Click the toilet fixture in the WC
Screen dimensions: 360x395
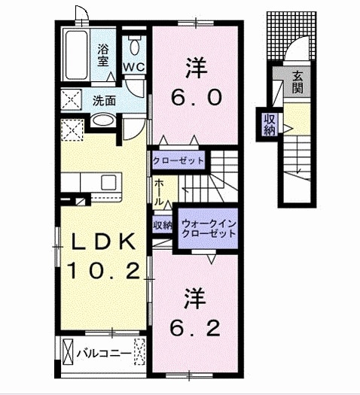coord(135,45)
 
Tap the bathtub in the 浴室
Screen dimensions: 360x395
coord(76,55)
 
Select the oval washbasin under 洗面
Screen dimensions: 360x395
coord(103,120)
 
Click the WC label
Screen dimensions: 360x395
coord(134,67)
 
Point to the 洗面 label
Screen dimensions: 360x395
coord(104,101)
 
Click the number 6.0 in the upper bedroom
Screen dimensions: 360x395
coord(197,97)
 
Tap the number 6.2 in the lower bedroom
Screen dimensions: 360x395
coord(195,328)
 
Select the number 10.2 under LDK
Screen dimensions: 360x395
coord(103,271)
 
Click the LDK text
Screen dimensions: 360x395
coord(103,242)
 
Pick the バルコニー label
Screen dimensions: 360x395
coord(104,354)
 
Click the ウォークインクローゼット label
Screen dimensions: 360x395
coord(209,229)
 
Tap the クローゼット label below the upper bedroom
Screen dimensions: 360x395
coord(178,160)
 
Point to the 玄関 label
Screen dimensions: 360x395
coord(297,81)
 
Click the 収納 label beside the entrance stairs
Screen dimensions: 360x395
coord(270,124)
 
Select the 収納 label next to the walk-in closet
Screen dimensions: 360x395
coord(163,225)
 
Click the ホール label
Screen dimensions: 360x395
coord(159,193)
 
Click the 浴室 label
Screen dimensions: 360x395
coord(103,55)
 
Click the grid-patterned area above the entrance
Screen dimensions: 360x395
coord(291,35)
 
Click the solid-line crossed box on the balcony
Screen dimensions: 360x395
coord(67,351)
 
